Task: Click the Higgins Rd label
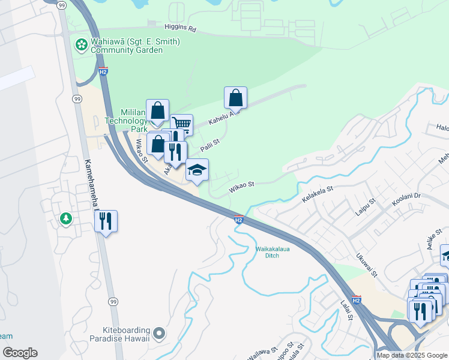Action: coord(180,28)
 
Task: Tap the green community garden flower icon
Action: coord(80,43)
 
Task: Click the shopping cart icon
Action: coord(181,124)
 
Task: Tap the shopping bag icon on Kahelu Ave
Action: coord(236,98)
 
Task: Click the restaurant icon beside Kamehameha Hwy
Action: coord(106,221)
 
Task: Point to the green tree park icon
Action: coord(65,219)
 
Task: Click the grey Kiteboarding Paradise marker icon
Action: coord(158,332)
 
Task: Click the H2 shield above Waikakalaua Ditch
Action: coord(238,220)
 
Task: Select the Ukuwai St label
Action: coord(366,266)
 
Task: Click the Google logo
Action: coord(20,353)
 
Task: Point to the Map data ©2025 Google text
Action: coord(412,355)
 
